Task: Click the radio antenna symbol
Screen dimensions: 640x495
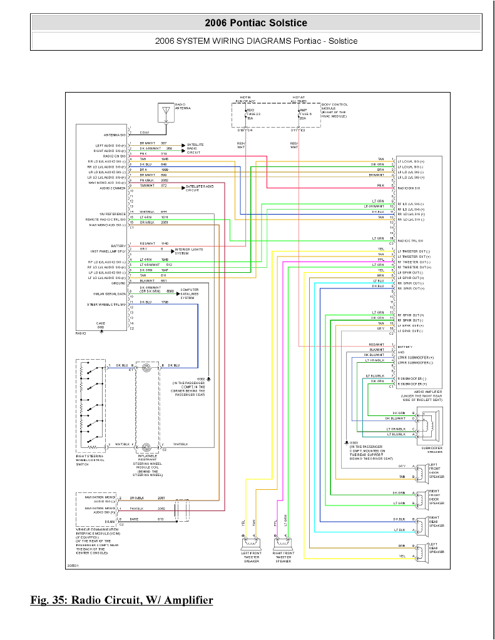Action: tap(166, 113)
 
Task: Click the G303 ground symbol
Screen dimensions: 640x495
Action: tap(347, 442)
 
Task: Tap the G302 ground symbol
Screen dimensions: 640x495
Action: tap(208, 379)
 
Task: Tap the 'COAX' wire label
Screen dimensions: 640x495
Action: tap(144, 133)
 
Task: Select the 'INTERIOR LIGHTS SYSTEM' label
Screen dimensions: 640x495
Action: tap(189, 251)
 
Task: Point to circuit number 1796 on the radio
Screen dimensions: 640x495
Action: tap(165, 302)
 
